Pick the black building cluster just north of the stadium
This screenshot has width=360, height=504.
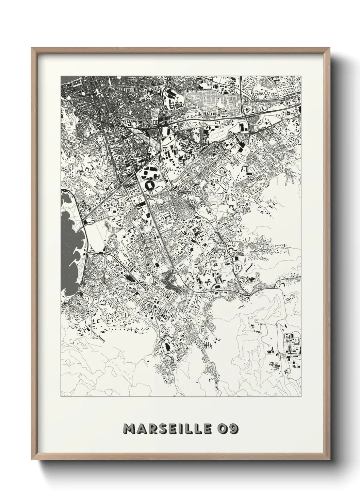pyautogui.click(x=150, y=172)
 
